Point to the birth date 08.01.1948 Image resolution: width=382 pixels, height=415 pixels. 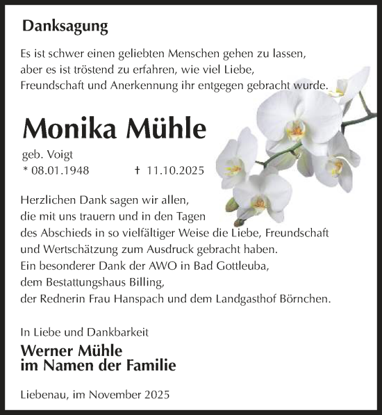pyautogui.click(x=60, y=170)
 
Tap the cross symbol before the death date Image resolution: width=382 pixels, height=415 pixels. pyautogui.click(x=137, y=170)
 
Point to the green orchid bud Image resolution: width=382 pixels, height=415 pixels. pyautogui.click(x=231, y=204)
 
